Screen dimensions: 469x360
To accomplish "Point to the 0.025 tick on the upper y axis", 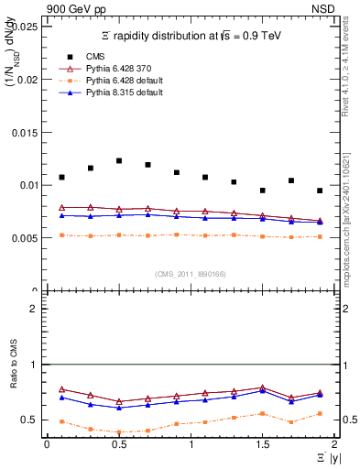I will click(25, 27).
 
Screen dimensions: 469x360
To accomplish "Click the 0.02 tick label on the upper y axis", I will click(27, 80).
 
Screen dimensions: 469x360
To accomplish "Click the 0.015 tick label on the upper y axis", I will click(25, 132).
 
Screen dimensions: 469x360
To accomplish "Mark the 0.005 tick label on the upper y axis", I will click(25, 238).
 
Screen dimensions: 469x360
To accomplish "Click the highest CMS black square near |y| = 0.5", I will click(119, 160).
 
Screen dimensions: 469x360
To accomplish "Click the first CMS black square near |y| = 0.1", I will click(61, 177).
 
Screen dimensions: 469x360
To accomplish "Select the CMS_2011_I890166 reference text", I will click(190, 273).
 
